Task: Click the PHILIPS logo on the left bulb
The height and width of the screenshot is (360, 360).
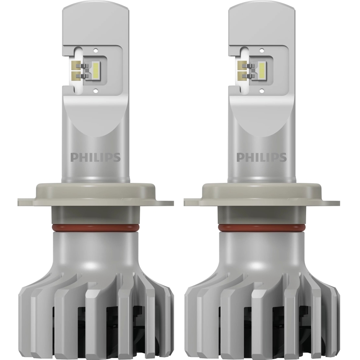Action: [95, 157]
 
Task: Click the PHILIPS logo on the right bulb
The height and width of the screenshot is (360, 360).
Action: [262, 157]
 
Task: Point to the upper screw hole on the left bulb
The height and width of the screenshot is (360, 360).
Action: [96, 50]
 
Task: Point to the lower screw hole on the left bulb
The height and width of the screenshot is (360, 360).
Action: [96, 91]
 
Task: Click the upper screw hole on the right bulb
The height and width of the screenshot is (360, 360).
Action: [262, 50]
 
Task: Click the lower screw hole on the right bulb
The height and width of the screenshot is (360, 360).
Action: [262, 91]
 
